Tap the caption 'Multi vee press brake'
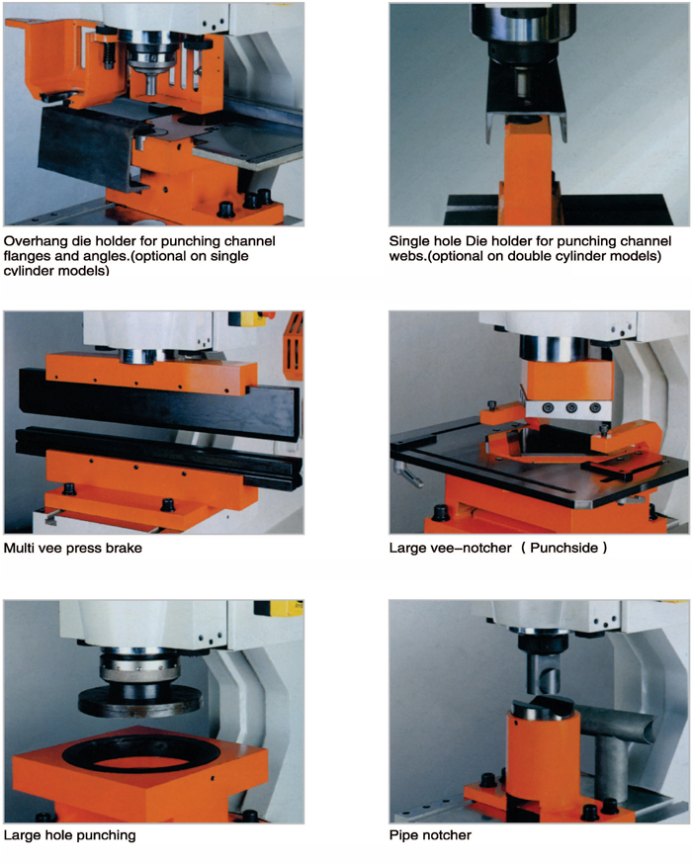tap(73, 549)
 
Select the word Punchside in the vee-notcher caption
tap(563, 549)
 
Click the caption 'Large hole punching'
tap(69, 835)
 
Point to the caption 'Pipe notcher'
tap(430, 835)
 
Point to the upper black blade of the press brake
tap(159, 406)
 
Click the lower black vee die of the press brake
tap(159, 457)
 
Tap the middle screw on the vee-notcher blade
tap(571, 408)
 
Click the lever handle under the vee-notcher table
tap(407, 474)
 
